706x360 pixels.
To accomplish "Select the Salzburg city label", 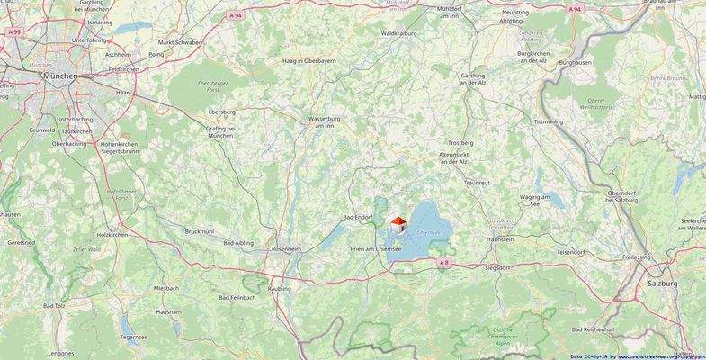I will [x=663, y=282].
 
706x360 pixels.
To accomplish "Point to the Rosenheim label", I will [x=287, y=248].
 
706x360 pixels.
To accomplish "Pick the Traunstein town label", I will [x=500, y=239].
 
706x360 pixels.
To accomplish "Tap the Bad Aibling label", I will [x=238, y=244].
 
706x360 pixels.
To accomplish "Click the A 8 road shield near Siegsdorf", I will [x=443, y=262].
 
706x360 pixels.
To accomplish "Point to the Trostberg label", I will [x=460, y=142].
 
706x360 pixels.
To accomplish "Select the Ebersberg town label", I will [x=221, y=112].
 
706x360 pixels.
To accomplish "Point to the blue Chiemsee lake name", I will [x=430, y=233].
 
